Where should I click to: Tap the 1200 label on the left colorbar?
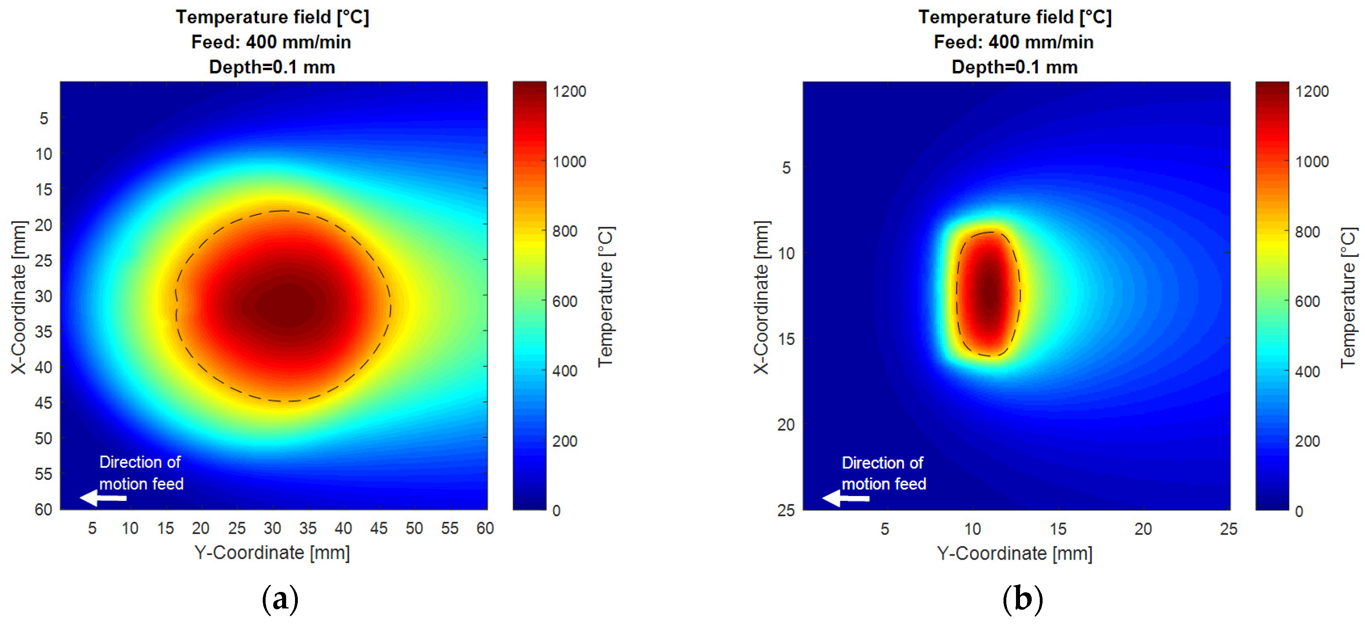pyautogui.click(x=569, y=92)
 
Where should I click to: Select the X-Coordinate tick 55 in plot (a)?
pyautogui.click(x=44, y=473)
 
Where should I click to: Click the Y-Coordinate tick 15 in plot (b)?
pyautogui.click(x=1058, y=529)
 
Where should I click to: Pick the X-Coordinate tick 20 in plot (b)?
pyautogui.click(x=786, y=424)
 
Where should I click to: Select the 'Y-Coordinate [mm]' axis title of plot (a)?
pyautogui.click(x=272, y=552)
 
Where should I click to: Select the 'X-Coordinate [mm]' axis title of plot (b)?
pyautogui.click(x=761, y=297)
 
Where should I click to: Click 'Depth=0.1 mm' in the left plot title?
pyautogui.click(x=272, y=67)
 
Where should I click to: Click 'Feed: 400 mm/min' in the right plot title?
pyautogui.click(x=1013, y=42)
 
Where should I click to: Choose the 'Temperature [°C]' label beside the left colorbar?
pyautogui.click(x=605, y=297)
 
